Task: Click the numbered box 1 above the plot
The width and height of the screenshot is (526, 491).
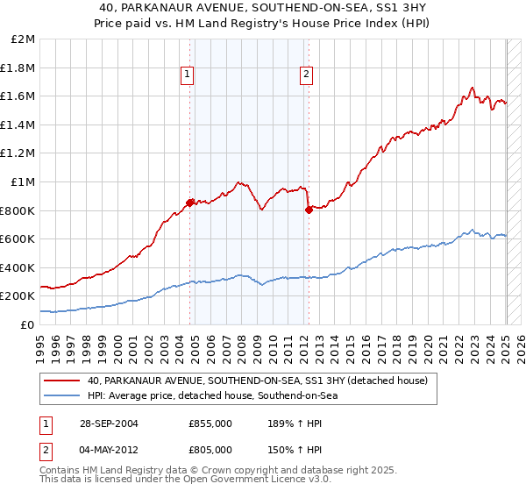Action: tap(188, 75)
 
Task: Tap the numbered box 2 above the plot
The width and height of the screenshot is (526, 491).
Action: tap(307, 75)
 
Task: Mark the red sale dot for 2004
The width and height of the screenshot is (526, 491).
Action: tap(190, 203)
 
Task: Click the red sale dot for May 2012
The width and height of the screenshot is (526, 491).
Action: tap(309, 210)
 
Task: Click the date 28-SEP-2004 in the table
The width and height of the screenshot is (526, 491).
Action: tap(109, 423)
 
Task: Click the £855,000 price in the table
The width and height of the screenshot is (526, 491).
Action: tap(210, 423)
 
